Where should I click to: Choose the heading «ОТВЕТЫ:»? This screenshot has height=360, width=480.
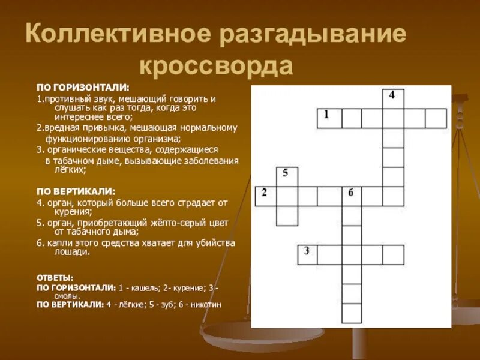55,278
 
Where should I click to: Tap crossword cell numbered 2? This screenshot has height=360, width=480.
265,196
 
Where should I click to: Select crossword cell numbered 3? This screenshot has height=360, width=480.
308,254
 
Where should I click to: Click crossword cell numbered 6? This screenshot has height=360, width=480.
352,196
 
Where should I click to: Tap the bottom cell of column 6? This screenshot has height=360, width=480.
352,313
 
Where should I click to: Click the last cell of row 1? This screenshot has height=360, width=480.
436,118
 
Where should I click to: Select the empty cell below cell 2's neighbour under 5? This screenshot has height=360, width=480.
287,215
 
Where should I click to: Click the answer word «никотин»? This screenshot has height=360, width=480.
205,305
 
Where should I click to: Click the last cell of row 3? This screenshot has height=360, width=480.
393,254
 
